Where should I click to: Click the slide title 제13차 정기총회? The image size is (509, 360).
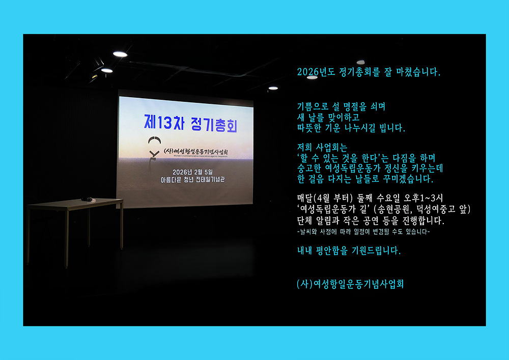(x=191, y=123)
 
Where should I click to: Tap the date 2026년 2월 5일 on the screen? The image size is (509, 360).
(x=192, y=172)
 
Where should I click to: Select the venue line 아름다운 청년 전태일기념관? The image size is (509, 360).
(x=192, y=180)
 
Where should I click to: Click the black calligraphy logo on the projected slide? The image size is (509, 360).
(x=154, y=148)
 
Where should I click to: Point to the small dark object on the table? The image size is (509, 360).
(x=87, y=199)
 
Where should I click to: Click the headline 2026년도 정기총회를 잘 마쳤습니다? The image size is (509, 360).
(x=369, y=72)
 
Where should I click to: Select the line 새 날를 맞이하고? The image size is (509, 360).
(x=328, y=117)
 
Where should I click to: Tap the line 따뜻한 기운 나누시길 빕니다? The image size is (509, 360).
(x=351, y=128)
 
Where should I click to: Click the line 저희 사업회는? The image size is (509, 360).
(x=322, y=147)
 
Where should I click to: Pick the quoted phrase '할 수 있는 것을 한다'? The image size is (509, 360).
(x=339, y=158)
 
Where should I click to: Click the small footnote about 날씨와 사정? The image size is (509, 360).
(x=363, y=232)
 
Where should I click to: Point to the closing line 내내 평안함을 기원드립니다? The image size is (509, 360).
(x=349, y=251)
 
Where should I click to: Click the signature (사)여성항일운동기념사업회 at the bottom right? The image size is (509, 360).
(x=350, y=284)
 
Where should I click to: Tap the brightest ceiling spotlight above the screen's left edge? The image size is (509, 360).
(x=120, y=54)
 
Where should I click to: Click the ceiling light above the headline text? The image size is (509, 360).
(x=361, y=62)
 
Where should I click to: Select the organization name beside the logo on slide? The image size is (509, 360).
(x=195, y=152)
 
